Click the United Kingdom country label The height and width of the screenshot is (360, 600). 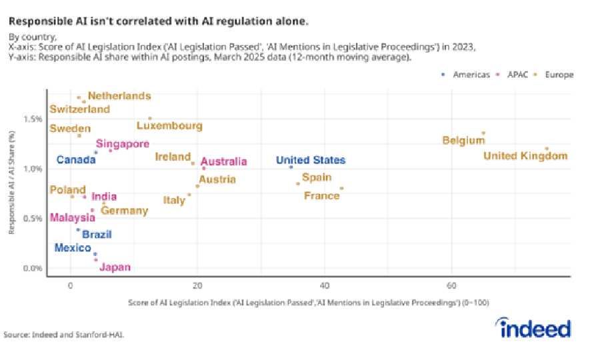click(x=525, y=157)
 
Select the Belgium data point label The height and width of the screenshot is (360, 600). click(x=463, y=141)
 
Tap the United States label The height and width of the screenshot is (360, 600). click(x=311, y=161)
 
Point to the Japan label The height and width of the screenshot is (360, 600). click(x=115, y=268)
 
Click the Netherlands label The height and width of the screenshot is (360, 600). click(x=119, y=96)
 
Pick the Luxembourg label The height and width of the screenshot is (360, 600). click(x=169, y=125)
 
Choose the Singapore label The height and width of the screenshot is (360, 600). click(x=122, y=143)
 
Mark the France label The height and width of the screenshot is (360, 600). click(x=322, y=196)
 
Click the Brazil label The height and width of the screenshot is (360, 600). click(x=97, y=235)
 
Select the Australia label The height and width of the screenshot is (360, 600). click(x=223, y=161)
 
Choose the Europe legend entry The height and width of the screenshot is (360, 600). click(x=557, y=75)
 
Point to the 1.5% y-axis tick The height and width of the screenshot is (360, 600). click(x=33, y=119)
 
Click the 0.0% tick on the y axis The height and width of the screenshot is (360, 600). click(x=33, y=268)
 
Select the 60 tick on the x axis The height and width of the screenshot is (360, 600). click(x=451, y=285)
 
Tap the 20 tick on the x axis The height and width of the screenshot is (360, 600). click(x=197, y=285)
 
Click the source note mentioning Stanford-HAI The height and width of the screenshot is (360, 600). click(x=64, y=335)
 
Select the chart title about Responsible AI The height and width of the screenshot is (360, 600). click(x=159, y=21)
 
